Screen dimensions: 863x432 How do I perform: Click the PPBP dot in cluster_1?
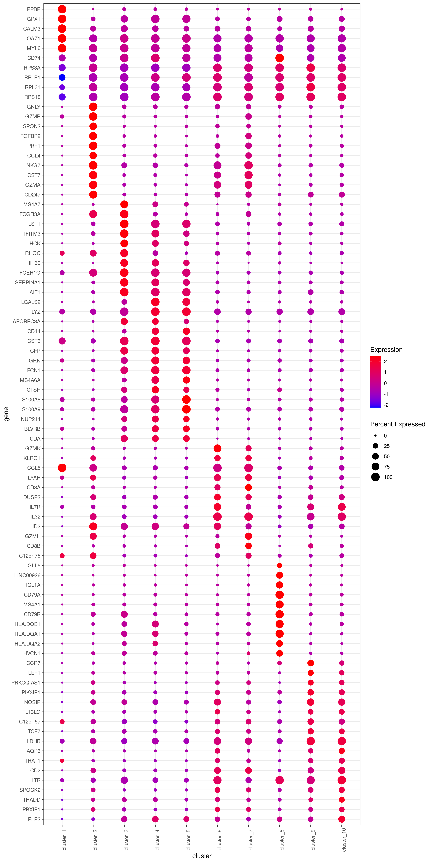pos(62,9)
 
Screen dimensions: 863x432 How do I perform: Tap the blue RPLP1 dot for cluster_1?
pos(62,77)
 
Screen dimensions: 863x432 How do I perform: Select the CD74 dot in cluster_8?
pos(279,58)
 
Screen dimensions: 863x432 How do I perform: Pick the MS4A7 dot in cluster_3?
pos(124,204)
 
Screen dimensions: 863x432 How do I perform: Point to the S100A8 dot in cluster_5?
pos(186,399)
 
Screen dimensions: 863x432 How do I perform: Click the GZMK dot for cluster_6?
pos(217,448)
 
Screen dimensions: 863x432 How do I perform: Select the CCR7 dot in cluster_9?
pos(311,663)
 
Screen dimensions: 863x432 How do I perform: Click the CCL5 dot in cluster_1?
pos(62,468)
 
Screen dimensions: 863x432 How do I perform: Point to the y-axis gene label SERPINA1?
pos(28,282)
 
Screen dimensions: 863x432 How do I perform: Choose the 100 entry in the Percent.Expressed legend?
pos(388,477)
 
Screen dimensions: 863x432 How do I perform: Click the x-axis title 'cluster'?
pos(202,856)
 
